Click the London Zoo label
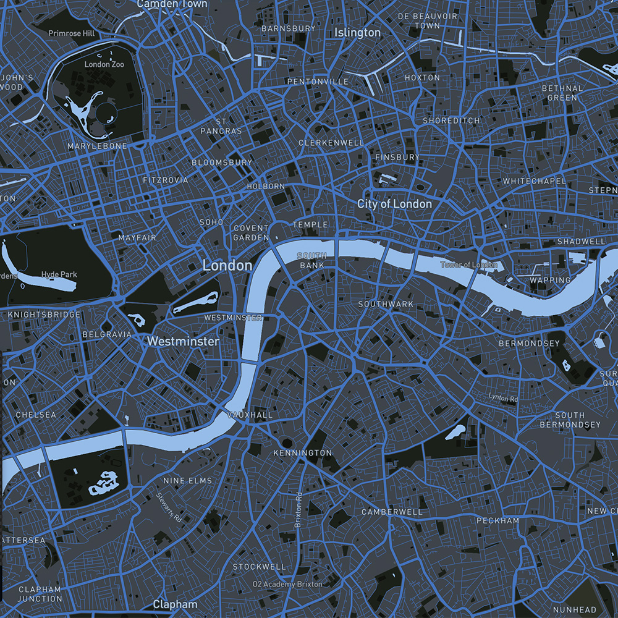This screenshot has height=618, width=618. point(104,64)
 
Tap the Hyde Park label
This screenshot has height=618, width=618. point(59,274)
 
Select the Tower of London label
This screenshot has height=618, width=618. point(468,265)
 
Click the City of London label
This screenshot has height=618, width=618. point(394,203)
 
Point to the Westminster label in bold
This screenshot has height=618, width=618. point(183,341)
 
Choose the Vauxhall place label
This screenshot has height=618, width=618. point(250,415)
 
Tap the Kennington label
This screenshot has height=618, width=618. point(302,453)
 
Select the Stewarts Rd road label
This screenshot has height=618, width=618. point(169,505)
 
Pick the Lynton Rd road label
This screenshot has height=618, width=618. point(502,398)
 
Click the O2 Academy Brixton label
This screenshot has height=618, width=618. point(287,584)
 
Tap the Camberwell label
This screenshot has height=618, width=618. point(392,512)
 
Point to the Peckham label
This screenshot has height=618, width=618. point(497,521)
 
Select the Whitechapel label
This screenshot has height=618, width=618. point(534,181)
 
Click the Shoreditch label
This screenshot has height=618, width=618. point(451,121)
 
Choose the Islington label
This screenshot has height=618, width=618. point(357,32)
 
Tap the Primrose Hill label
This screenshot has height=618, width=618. point(73,33)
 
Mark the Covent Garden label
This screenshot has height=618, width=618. point(251,233)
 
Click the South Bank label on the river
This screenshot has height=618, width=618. point(311,260)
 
